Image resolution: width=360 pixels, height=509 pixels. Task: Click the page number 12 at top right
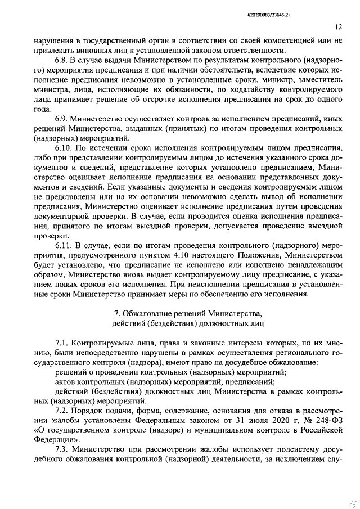tap(339, 26)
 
